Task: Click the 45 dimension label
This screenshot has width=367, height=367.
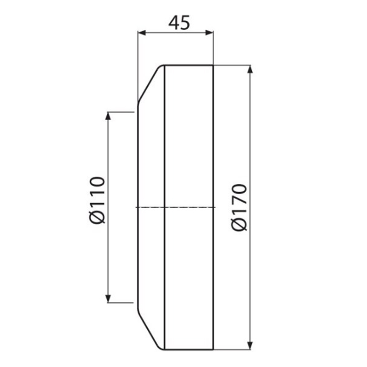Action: pyautogui.click(x=179, y=22)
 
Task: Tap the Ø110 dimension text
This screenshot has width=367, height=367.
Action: pyautogui.click(x=97, y=200)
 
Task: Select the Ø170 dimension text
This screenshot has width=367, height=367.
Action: pyautogui.click(x=239, y=208)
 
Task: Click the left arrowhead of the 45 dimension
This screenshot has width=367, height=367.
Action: pyautogui.click(x=142, y=33)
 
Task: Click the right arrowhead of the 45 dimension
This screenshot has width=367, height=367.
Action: pyautogui.click(x=209, y=33)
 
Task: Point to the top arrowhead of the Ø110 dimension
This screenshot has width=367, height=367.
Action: pyautogui.click(x=108, y=116)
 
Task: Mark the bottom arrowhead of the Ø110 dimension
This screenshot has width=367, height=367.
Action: pyautogui.click(x=108, y=299)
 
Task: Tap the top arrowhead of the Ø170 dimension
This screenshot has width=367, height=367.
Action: pyautogui.click(x=250, y=70)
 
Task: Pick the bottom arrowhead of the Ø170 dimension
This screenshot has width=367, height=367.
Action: pyautogui.click(x=250, y=345)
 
